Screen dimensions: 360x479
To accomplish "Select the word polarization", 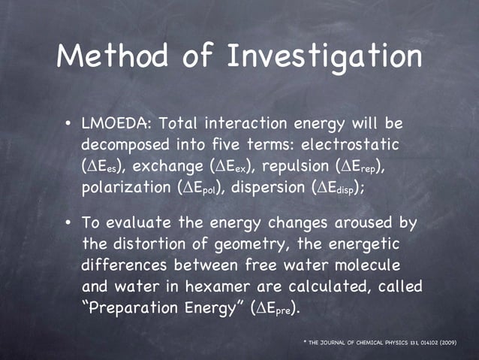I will click(x=127, y=186).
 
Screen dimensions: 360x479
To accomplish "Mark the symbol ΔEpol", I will click(x=204, y=186).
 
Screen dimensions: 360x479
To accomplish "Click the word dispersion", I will click(x=269, y=186).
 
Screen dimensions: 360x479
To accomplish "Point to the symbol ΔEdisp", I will click(x=338, y=186).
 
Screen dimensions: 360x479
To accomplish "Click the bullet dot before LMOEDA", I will click(x=68, y=123).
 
